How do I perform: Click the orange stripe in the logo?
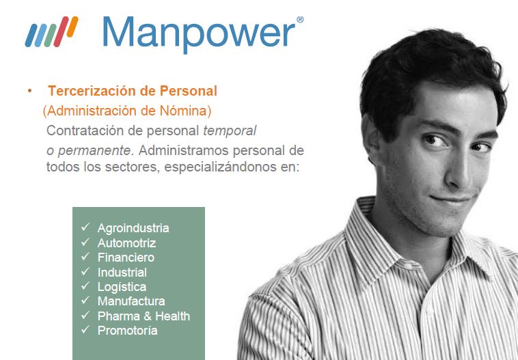point(72,27)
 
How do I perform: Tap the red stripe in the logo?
point(61,31)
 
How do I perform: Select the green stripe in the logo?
point(50,36)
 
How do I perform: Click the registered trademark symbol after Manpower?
point(300,20)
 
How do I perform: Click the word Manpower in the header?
point(199,33)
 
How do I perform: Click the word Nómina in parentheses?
point(185,111)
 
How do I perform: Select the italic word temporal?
point(230,130)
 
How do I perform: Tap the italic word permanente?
point(94,151)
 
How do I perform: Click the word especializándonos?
point(220,167)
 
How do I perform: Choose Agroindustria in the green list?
point(133,228)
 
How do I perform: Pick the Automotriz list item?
point(126,243)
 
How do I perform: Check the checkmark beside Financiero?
point(85,256)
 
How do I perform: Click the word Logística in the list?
point(122,287)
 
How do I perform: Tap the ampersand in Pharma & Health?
point(148,316)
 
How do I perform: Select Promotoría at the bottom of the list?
point(127,331)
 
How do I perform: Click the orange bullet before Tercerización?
point(30,90)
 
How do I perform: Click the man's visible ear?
point(372,139)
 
